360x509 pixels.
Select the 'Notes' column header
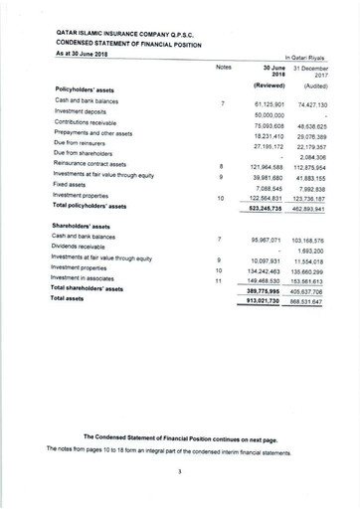click(x=223, y=67)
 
